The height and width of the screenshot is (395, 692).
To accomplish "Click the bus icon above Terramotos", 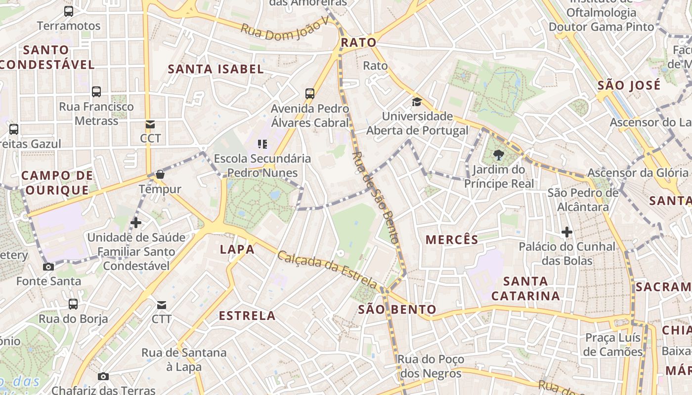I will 69,11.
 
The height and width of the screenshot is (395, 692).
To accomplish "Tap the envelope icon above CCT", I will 150,124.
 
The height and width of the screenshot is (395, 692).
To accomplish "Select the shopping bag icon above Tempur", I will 160,174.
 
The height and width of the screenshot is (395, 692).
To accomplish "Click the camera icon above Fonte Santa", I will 48,267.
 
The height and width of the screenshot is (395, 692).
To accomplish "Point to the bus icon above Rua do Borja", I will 73,304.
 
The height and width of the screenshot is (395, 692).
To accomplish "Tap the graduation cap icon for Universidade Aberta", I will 417,102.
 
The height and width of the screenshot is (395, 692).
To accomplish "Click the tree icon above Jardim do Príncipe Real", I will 498,156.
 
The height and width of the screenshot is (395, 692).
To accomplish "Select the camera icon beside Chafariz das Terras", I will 103,377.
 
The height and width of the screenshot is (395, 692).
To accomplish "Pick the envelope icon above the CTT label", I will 162,305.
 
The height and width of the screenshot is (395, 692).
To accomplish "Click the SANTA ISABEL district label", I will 216,69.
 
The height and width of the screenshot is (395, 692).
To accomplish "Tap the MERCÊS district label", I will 452,240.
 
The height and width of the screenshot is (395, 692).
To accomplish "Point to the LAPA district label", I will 237,249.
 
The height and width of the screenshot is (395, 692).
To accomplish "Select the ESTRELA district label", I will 247,316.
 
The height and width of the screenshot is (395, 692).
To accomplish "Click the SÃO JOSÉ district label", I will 629,85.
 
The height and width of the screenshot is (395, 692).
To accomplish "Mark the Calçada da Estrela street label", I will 327,270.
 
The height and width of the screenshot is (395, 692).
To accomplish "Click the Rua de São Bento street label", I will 375,197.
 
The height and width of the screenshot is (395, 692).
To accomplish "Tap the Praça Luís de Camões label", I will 613,345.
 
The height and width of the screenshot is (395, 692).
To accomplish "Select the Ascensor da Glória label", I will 638,173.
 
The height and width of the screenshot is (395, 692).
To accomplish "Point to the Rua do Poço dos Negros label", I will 431,366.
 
